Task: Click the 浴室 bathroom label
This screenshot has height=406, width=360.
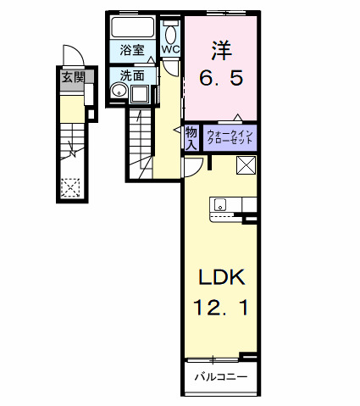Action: click(131, 50)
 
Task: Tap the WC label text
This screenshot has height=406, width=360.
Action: click(170, 49)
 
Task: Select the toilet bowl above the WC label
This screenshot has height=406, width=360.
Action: click(171, 33)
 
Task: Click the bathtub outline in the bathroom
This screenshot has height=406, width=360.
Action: click(133, 27)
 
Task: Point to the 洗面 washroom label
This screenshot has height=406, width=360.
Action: click(131, 75)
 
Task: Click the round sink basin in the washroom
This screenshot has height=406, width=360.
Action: click(117, 92)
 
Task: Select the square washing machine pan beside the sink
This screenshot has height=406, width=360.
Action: click(139, 92)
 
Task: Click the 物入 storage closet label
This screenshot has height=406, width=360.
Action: click(191, 136)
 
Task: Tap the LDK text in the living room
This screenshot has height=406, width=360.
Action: click(222, 277)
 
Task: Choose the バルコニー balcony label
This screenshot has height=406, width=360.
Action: click(221, 375)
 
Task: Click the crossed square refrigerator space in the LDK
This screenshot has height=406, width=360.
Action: click(246, 164)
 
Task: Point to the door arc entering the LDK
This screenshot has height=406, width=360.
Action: click(191, 165)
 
